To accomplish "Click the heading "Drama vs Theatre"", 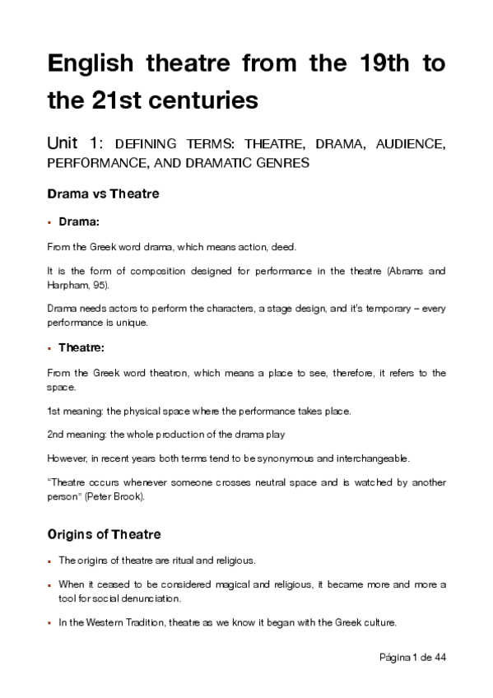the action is [x=103, y=194].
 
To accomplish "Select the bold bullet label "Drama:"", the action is [x=78, y=222].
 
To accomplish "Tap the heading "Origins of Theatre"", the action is [x=104, y=534].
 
